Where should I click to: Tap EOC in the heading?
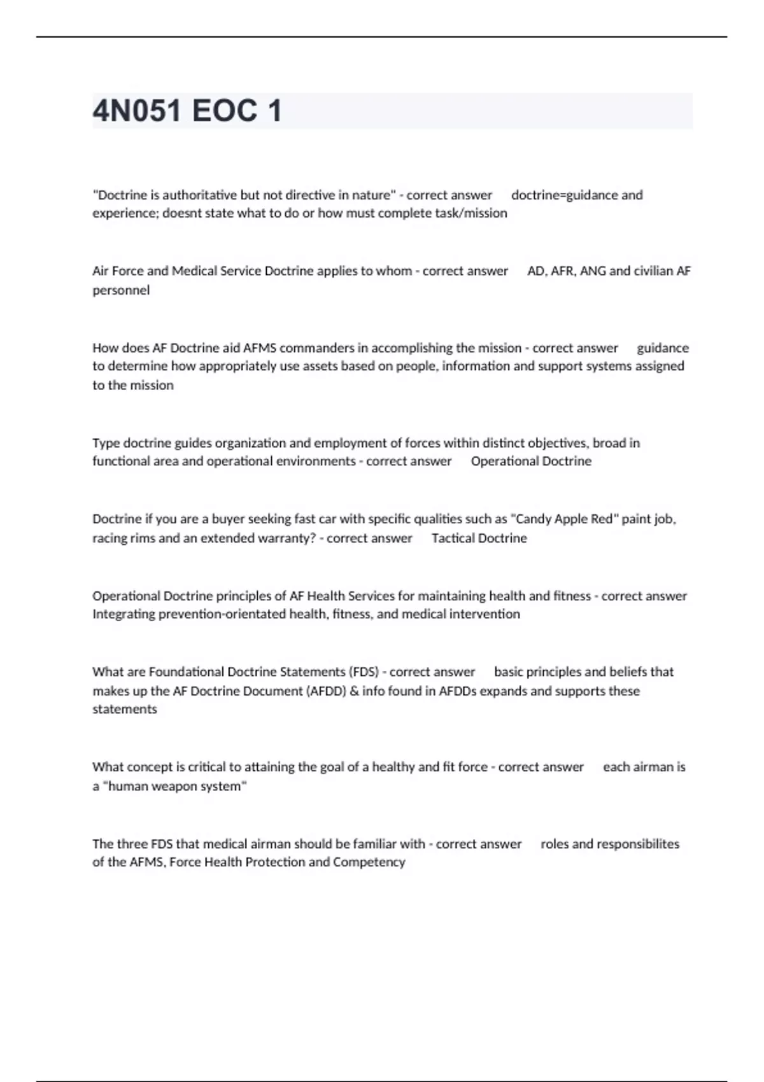[x=224, y=111]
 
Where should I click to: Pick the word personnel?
[x=121, y=290]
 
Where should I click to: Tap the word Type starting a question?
[x=106, y=443]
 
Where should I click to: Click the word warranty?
[x=286, y=538]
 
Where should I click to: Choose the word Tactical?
[x=453, y=538]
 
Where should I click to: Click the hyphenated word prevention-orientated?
[x=222, y=614]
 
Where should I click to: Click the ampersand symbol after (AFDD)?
[x=354, y=691]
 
